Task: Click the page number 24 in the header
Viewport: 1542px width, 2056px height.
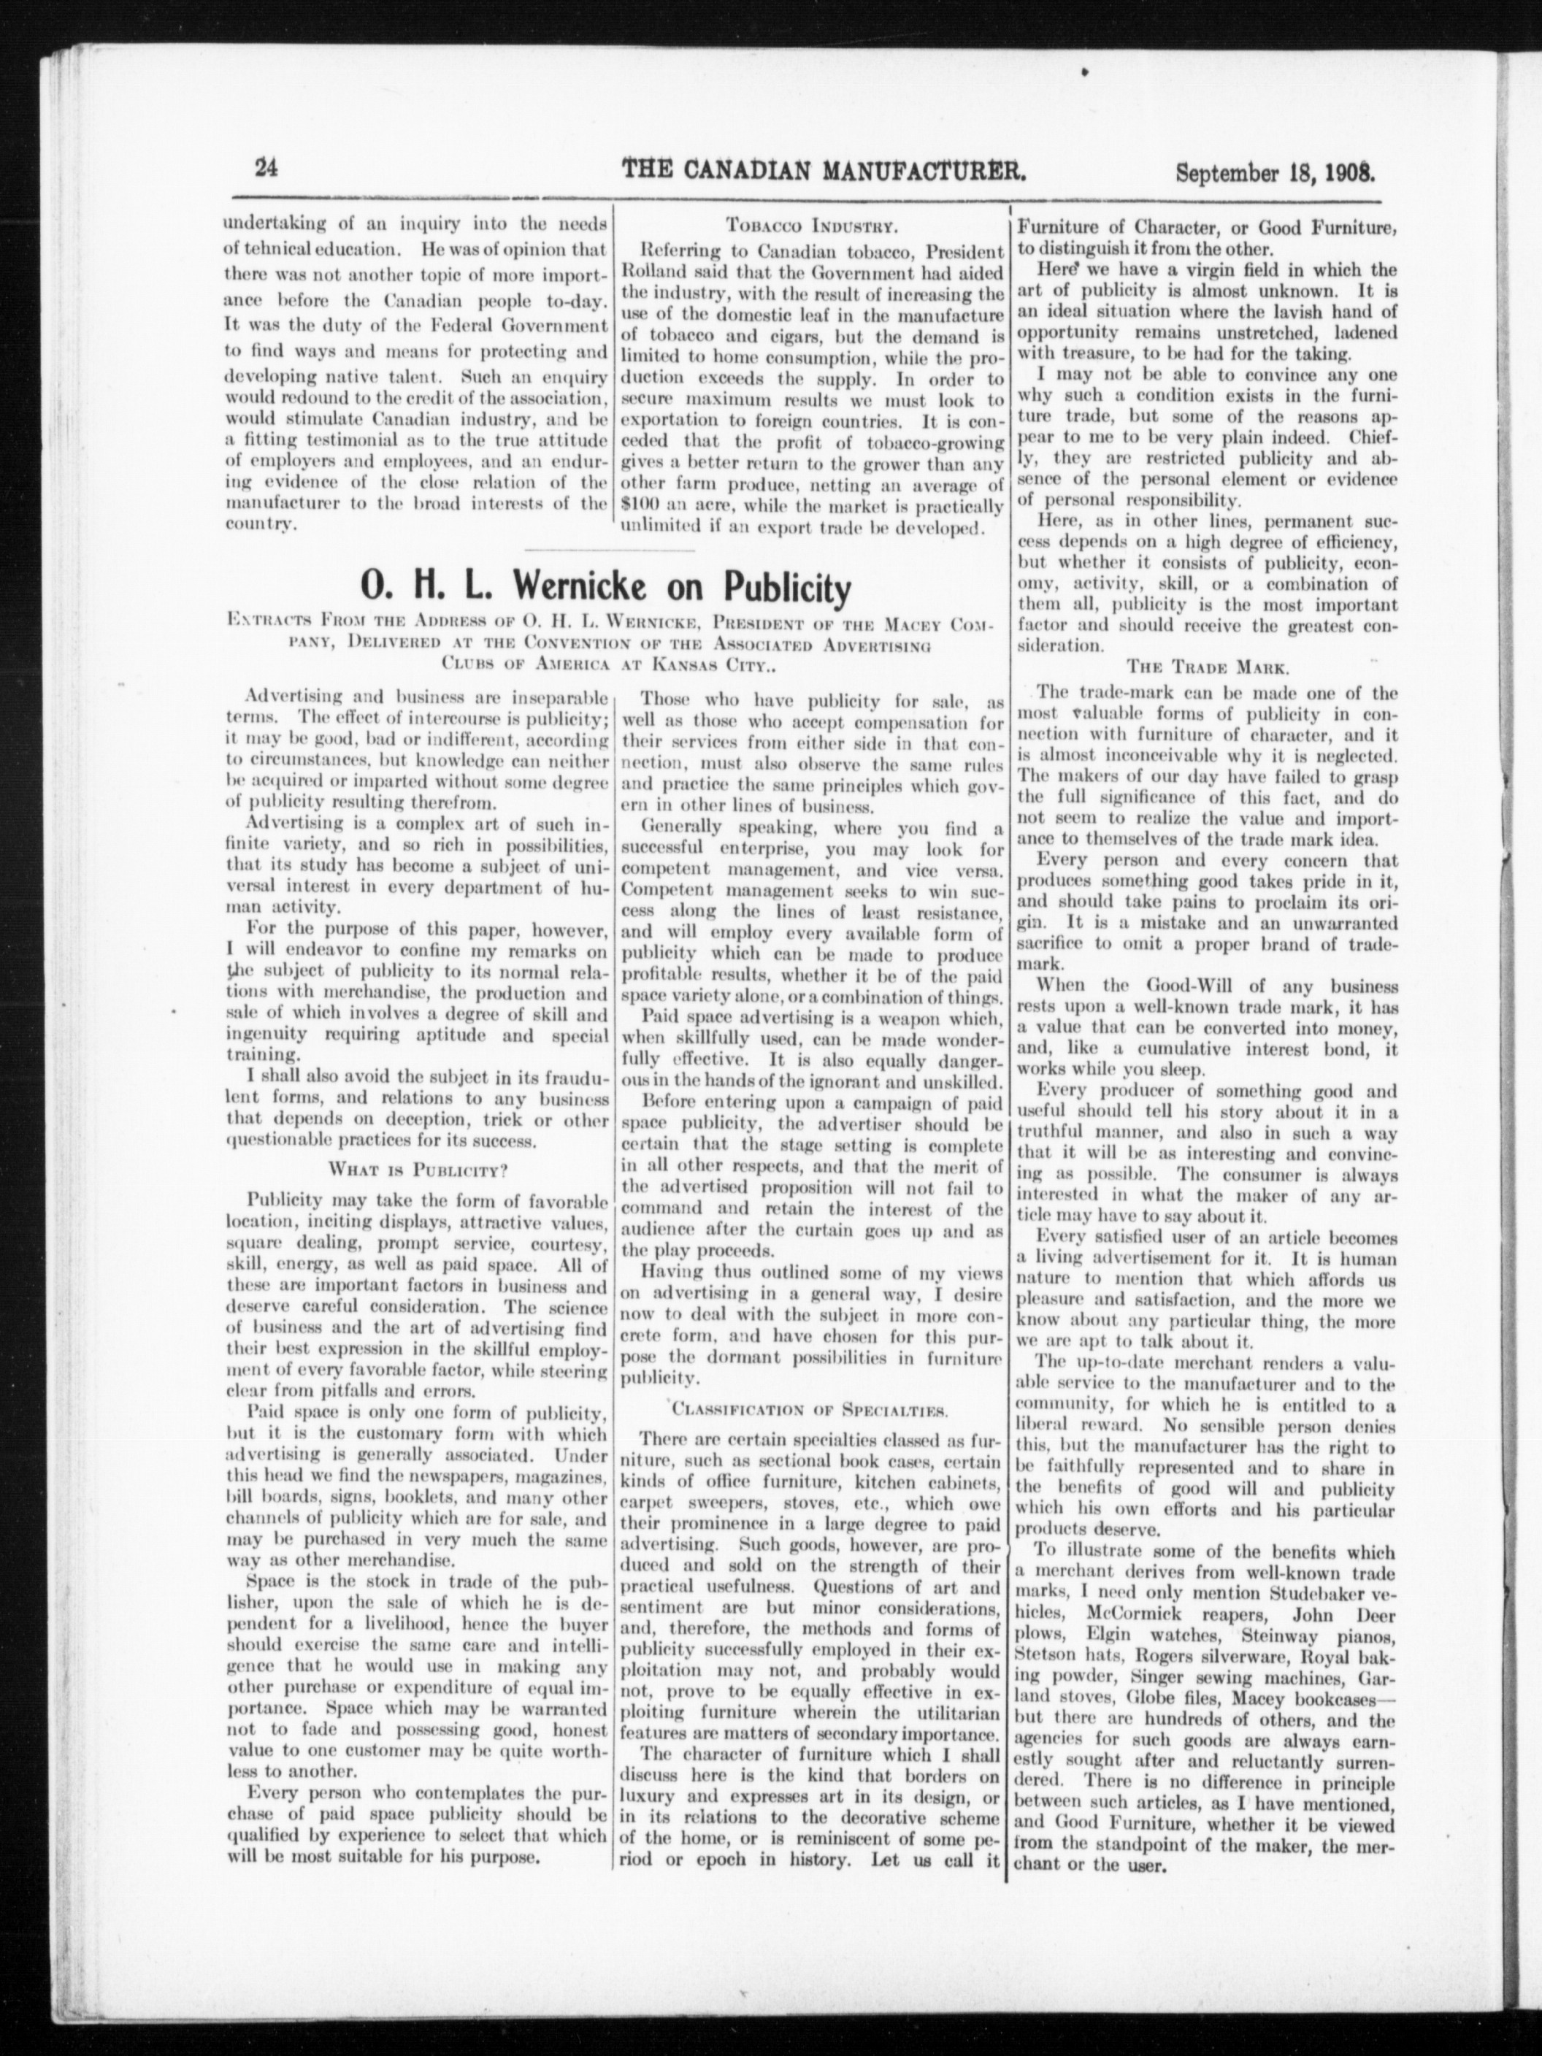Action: pyautogui.click(x=266, y=169)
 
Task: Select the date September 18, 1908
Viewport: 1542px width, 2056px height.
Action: pyautogui.click(x=1274, y=171)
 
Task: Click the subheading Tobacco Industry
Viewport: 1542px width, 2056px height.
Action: pyautogui.click(x=810, y=226)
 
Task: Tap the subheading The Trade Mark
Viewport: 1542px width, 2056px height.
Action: pyautogui.click(x=1205, y=667)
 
